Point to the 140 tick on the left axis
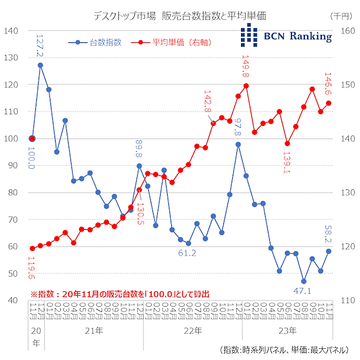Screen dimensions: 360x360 point(12,30)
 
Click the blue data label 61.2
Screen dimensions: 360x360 point(188,253)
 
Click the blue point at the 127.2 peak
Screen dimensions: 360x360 point(40,65)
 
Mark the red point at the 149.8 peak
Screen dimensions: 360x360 point(246,86)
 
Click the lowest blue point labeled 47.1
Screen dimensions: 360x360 point(304,281)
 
